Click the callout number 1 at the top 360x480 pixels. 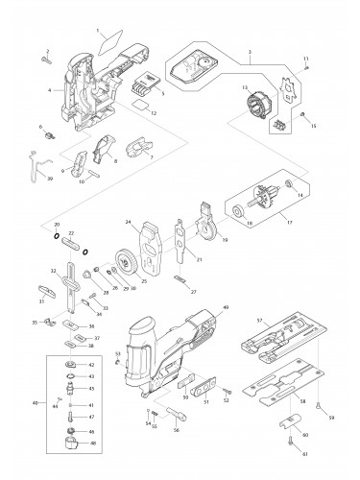pos(98,32)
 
